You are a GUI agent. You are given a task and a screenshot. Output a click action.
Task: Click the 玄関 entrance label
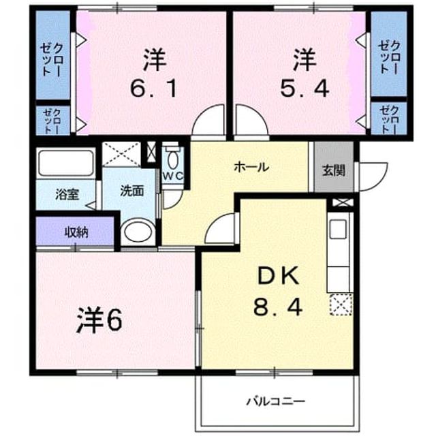tap(334, 170)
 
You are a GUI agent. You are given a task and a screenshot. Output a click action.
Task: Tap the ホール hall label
tap(251, 168)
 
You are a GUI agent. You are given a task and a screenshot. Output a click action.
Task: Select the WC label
tap(173, 176)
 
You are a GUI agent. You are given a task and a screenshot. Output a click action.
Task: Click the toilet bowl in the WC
tap(172, 159)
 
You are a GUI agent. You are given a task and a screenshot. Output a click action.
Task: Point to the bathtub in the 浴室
tap(66, 163)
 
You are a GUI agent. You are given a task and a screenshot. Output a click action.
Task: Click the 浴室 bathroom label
tap(67, 194)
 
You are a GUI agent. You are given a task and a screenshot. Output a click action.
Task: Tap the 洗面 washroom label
tap(131, 191)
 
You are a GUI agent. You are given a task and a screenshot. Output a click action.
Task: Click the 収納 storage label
tap(77, 232)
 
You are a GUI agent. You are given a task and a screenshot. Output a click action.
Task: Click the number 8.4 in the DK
tap(277, 307)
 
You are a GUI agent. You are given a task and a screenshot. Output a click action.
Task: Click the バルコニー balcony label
tap(276, 402)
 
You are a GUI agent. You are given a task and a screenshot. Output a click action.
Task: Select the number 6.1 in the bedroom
tap(154, 88)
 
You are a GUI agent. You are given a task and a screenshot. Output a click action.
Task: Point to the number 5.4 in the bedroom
tap(305, 88)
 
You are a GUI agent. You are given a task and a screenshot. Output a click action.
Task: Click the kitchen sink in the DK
tap(338, 229)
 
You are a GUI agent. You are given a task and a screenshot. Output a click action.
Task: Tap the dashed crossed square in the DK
tap(341, 305)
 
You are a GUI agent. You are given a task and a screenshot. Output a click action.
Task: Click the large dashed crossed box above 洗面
tap(121, 155)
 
